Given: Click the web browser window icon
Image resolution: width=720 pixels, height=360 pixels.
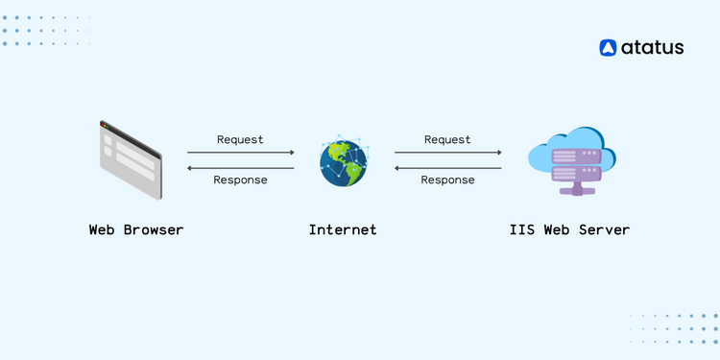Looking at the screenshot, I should click(x=132, y=159).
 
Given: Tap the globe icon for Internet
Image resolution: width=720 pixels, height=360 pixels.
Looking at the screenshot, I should click(x=344, y=161).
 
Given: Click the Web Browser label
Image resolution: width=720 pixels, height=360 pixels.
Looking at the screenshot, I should click(x=136, y=230).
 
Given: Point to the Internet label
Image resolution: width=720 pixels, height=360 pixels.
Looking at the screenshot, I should click(x=343, y=230).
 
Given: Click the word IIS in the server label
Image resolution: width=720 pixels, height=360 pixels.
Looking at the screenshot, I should click(x=523, y=230).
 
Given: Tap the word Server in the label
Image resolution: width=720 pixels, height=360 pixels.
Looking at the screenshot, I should click(x=606, y=230).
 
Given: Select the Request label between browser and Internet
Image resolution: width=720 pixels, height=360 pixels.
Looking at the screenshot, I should click(x=240, y=140).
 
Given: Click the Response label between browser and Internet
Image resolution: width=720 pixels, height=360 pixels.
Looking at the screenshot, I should click(x=240, y=180).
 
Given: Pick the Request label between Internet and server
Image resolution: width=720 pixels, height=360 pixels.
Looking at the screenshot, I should click(x=447, y=140).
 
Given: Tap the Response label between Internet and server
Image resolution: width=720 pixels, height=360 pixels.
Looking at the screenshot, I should click(x=447, y=180).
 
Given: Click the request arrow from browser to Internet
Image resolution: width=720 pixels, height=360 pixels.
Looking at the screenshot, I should click(x=240, y=153).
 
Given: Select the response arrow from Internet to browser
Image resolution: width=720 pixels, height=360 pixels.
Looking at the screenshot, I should click(x=240, y=168).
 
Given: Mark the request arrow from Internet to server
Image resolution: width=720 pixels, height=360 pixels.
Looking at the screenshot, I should click(x=447, y=153).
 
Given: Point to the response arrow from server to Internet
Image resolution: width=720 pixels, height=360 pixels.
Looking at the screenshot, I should click(x=447, y=168).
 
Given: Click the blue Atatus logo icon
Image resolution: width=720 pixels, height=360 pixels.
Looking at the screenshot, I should click(x=608, y=48).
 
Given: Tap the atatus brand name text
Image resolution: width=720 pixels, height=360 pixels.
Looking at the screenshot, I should click(x=652, y=48).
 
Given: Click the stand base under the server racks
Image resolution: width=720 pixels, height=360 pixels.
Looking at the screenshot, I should click(x=577, y=191).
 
